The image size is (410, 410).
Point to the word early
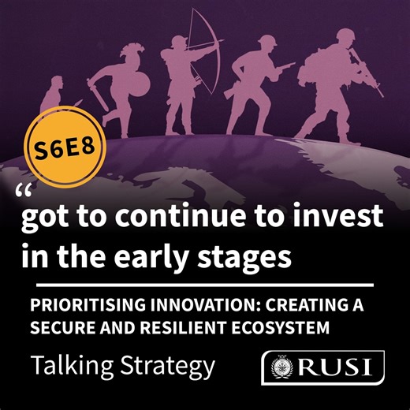(140, 257)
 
